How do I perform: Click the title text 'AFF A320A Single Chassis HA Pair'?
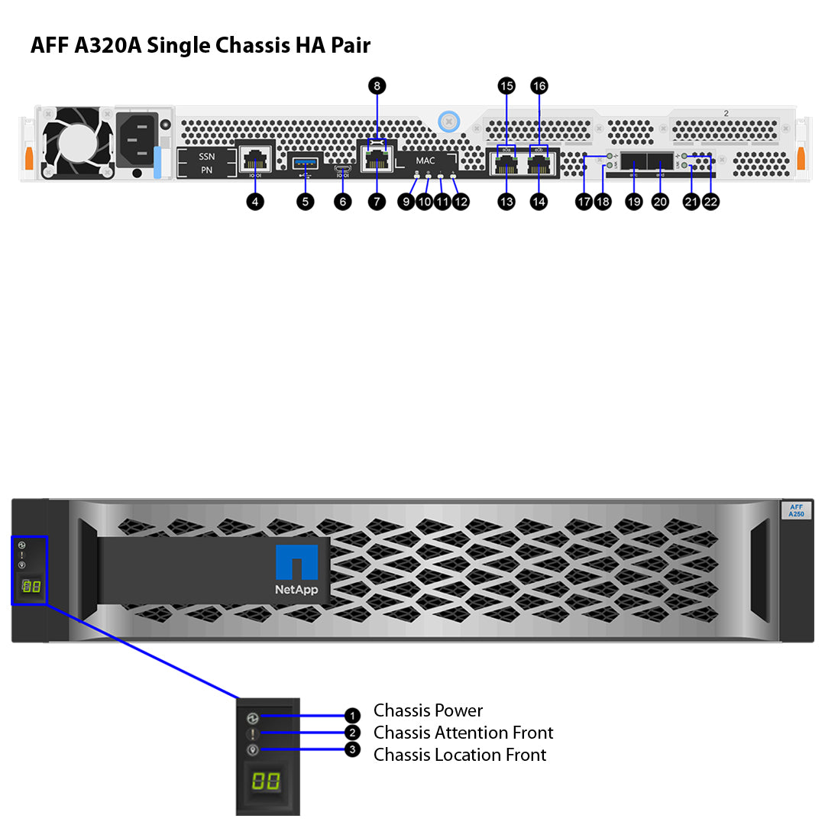[x=200, y=46]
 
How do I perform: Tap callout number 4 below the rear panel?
[x=256, y=202]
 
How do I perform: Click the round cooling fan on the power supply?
[x=76, y=143]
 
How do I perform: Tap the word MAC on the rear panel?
[x=425, y=161]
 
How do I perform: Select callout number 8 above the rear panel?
[x=377, y=86]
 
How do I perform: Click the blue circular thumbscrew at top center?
[x=449, y=120]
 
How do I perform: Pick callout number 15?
[x=506, y=86]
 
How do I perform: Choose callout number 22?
[x=710, y=202]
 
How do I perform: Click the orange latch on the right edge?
[x=801, y=159]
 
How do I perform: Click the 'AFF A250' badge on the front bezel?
[x=795, y=510]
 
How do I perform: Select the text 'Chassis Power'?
[x=428, y=711]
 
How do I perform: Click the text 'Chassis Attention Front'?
[x=463, y=733]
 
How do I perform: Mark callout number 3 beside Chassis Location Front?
[x=351, y=750]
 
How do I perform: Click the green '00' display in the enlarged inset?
[x=266, y=781]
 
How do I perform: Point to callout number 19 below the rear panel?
[x=634, y=202]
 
